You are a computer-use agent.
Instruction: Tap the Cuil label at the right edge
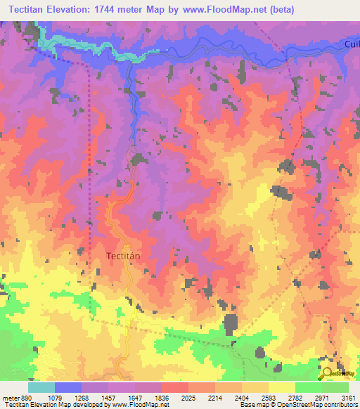[x=352, y=44]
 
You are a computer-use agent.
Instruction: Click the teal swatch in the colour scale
[x=41, y=387]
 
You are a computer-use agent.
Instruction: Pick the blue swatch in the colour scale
[x=68, y=387]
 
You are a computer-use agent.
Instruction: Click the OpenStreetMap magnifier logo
[x=328, y=373]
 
